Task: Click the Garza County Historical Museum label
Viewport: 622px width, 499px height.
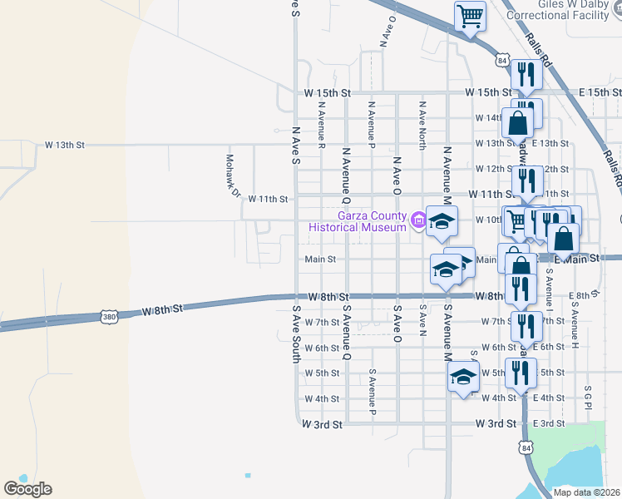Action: (x=358, y=220)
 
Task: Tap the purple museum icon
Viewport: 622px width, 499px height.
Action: (x=418, y=221)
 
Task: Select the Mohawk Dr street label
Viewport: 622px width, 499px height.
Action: (x=232, y=175)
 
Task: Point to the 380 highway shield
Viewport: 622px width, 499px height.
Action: (x=107, y=316)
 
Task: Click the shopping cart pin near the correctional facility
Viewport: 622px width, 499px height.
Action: (x=470, y=16)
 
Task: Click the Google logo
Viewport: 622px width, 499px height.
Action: (x=27, y=489)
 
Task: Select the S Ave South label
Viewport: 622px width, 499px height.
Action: (x=295, y=333)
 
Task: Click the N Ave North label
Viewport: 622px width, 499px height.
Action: (x=422, y=126)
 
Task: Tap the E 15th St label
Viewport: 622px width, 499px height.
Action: (x=594, y=91)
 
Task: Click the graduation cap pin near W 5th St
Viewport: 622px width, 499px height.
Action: (x=463, y=376)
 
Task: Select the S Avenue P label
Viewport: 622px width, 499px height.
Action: (x=373, y=393)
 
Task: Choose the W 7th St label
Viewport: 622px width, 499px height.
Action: (x=322, y=322)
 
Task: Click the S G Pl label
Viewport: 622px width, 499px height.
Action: (x=588, y=397)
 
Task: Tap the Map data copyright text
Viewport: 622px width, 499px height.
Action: (x=587, y=492)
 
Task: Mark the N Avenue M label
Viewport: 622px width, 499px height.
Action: (x=447, y=175)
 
